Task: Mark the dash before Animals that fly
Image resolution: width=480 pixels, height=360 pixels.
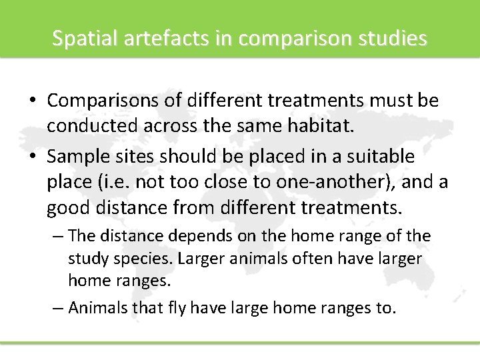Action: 59,309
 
